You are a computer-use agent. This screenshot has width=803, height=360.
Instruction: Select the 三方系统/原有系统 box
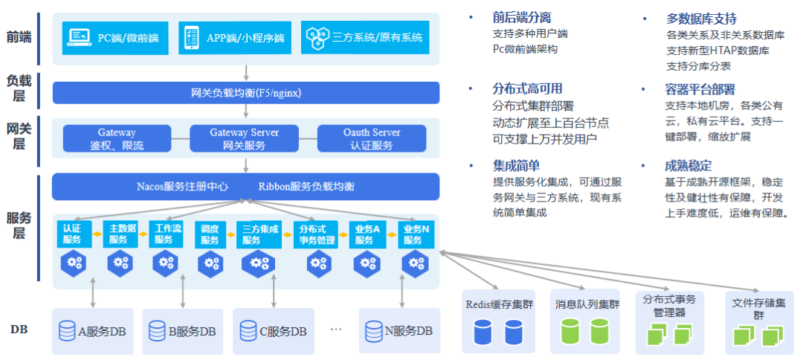pos(364,37)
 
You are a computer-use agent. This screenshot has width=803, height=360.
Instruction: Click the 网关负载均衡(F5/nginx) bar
pos(245,93)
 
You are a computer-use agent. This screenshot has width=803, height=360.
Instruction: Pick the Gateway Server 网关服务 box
pos(244,138)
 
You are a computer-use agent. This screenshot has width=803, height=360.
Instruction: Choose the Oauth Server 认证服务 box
pos(372,138)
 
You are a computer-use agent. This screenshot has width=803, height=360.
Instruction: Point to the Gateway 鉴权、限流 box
pos(117,138)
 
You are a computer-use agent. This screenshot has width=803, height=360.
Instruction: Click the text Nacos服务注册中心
pos(182,186)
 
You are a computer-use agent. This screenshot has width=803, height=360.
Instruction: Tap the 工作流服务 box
pos(167,234)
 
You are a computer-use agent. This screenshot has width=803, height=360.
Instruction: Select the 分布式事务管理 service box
pos(317,234)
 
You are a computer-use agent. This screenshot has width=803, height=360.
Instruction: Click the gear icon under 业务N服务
pos(414,262)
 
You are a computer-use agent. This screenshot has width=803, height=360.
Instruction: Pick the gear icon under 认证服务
pos(74,262)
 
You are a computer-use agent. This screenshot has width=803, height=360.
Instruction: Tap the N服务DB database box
pos(398,331)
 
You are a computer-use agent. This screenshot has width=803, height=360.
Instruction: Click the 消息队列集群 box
pos(587,320)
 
